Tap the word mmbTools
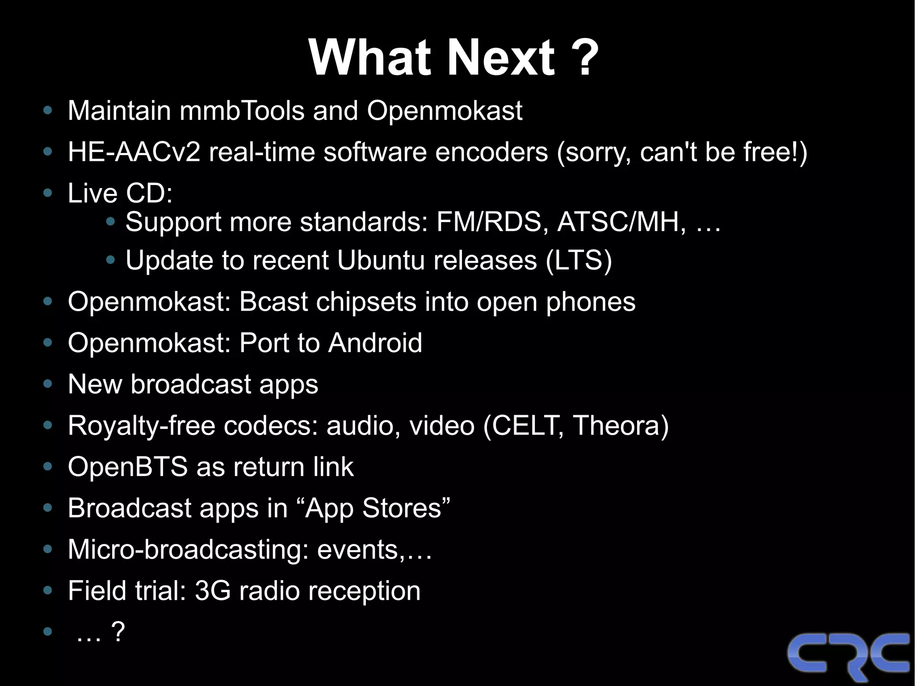(242, 110)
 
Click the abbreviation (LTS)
(579, 260)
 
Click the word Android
(375, 343)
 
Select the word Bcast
(273, 302)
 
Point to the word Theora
(621, 425)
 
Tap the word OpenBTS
(128, 467)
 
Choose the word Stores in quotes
(402, 508)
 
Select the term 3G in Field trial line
(213, 591)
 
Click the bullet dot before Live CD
(48, 193)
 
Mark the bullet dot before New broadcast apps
(48, 384)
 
